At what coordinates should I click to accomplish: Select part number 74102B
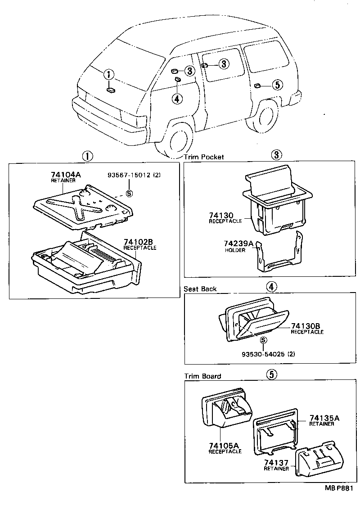139,242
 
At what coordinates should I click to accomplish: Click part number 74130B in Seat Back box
307,326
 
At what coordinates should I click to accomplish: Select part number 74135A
324,418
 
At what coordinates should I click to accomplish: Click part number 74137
276,463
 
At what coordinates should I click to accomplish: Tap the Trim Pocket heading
204,157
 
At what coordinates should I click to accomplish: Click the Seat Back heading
200,289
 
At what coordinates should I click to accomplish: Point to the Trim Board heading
202,376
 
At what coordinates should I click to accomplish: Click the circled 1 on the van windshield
109,75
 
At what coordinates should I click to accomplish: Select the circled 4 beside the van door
177,99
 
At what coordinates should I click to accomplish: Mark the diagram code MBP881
340,488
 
